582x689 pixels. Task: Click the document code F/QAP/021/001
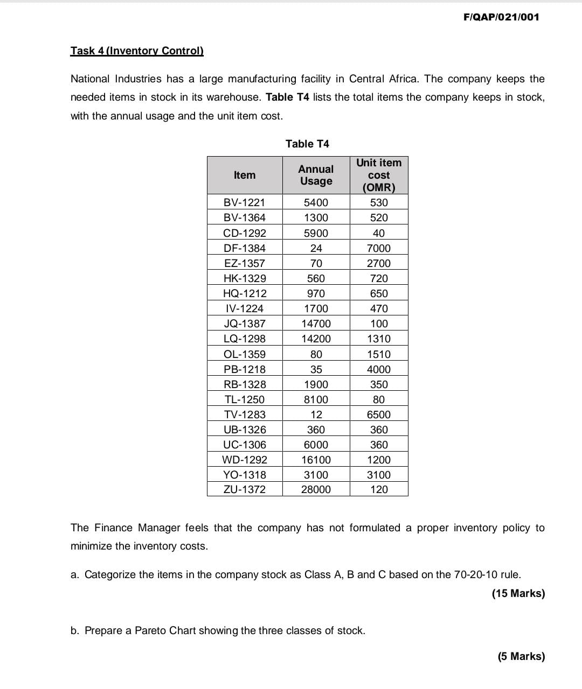pyautogui.click(x=501, y=17)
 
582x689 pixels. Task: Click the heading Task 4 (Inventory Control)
pyautogui.click(x=137, y=51)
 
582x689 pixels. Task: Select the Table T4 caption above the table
pyautogui.click(x=307, y=144)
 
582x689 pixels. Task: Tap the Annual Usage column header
pyautogui.click(x=316, y=175)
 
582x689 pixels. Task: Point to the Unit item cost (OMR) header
pyautogui.click(x=379, y=175)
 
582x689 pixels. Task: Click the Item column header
pyautogui.click(x=245, y=175)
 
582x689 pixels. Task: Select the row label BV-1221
pyautogui.click(x=245, y=202)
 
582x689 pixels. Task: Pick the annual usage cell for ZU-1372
pyautogui.click(x=316, y=489)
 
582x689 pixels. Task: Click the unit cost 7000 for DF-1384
pyautogui.click(x=379, y=248)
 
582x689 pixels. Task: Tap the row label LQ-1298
pyautogui.click(x=245, y=339)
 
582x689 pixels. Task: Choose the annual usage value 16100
pyautogui.click(x=316, y=460)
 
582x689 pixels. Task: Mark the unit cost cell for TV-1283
pyautogui.click(x=379, y=414)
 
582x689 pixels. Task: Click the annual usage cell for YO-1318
pyautogui.click(x=316, y=475)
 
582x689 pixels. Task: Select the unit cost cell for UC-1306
pyautogui.click(x=379, y=445)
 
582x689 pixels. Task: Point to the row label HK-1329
pyautogui.click(x=245, y=278)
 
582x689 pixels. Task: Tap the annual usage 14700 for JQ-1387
pyautogui.click(x=316, y=324)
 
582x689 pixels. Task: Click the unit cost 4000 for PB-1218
pyautogui.click(x=379, y=369)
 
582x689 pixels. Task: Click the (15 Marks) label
pyautogui.click(x=518, y=593)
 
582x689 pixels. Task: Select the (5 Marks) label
pyautogui.click(x=521, y=656)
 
